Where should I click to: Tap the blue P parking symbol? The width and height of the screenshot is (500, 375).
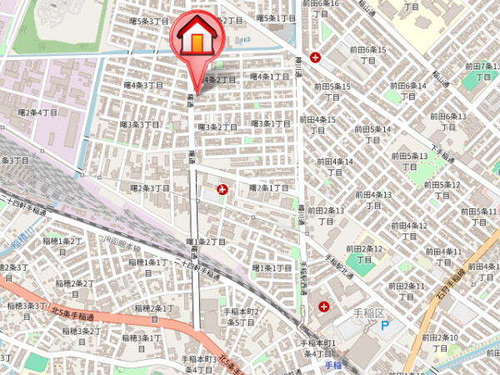(385, 325)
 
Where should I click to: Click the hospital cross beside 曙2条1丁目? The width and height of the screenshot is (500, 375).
(222, 190)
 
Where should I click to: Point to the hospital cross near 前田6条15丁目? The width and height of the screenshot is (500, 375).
(315, 57)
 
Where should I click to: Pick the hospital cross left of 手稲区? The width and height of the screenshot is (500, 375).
(322, 307)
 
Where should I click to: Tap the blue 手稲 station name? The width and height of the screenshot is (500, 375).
(333, 366)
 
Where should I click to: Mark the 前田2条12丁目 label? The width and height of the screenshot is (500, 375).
(366, 253)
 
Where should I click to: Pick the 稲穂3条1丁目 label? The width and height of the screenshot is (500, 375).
(141, 338)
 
